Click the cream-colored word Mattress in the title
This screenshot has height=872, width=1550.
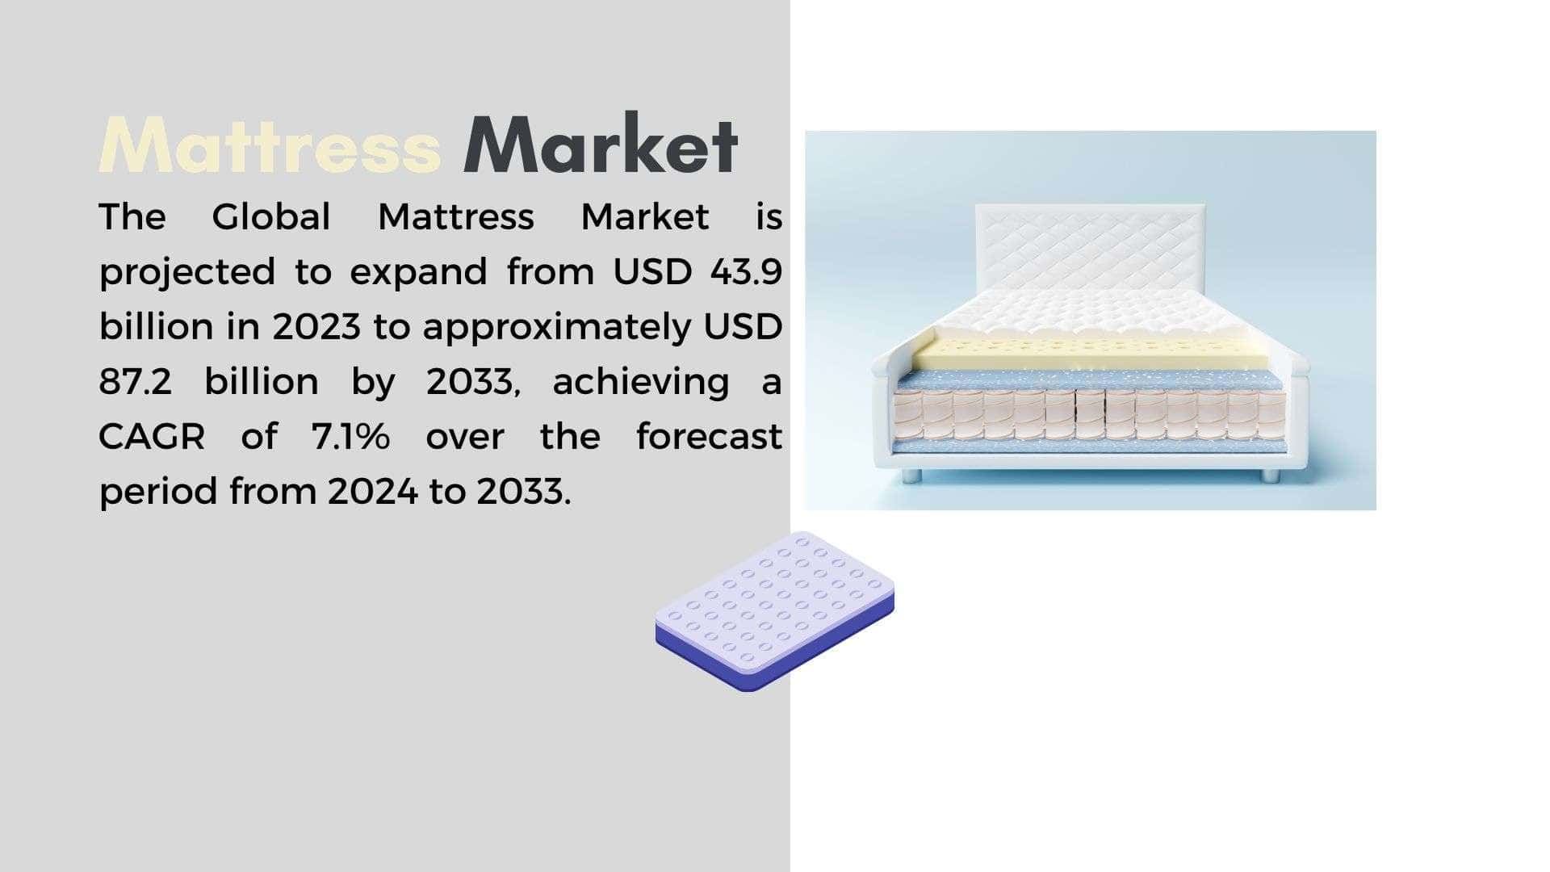pyautogui.click(x=270, y=145)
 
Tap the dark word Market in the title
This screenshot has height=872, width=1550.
pyautogui.click(x=601, y=145)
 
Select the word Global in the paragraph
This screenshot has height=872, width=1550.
pyautogui.click(x=271, y=216)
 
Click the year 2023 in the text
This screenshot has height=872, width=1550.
pyautogui.click(x=316, y=326)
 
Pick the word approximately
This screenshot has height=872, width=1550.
pyautogui.click(x=557, y=328)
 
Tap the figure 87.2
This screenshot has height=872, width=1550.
pyautogui.click(x=136, y=381)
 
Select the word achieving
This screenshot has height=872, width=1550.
pyautogui.click(x=641, y=383)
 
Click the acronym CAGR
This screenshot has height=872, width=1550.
pyautogui.click(x=152, y=436)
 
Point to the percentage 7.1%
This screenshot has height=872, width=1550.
pyautogui.click(x=350, y=436)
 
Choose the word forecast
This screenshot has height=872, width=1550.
pyautogui.click(x=710, y=436)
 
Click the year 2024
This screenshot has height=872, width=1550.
pyautogui.click(x=373, y=491)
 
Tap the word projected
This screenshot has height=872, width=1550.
pyautogui.click(x=187, y=273)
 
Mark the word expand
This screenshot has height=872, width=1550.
pyautogui.click(x=418, y=273)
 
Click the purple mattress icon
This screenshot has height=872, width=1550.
pyautogui.click(x=775, y=611)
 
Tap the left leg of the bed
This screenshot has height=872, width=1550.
pyautogui.click(x=911, y=476)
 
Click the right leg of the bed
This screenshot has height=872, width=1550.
pyautogui.click(x=1271, y=476)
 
